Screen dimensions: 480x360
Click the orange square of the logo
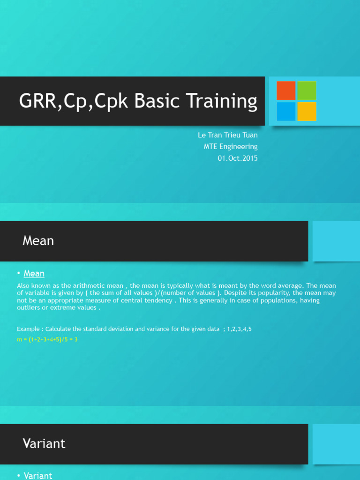pyautogui.click(x=286, y=90)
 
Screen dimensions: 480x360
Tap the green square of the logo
pyautogui.click(x=307, y=90)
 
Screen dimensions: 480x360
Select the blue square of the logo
pyautogui.click(x=286, y=111)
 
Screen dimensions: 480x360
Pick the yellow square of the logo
pyautogui.click(x=307, y=111)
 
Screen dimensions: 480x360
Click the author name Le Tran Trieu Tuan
pyautogui.click(x=228, y=135)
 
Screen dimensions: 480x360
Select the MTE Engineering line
pyautogui.click(x=231, y=147)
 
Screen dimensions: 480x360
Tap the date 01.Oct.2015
pyautogui.click(x=238, y=158)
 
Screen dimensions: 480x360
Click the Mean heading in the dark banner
pyautogui.click(x=38, y=241)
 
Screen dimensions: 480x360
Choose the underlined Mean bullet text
pyautogui.click(x=34, y=274)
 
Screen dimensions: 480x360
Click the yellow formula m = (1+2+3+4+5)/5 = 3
pyautogui.click(x=47, y=339)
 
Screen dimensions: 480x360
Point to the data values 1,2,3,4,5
pyautogui.click(x=240, y=330)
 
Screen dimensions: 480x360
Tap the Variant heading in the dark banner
pyautogui.click(x=44, y=443)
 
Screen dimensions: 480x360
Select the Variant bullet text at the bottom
pyautogui.click(x=37, y=476)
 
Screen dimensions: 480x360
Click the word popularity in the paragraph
pyautogui.click(x=269, y=293)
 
